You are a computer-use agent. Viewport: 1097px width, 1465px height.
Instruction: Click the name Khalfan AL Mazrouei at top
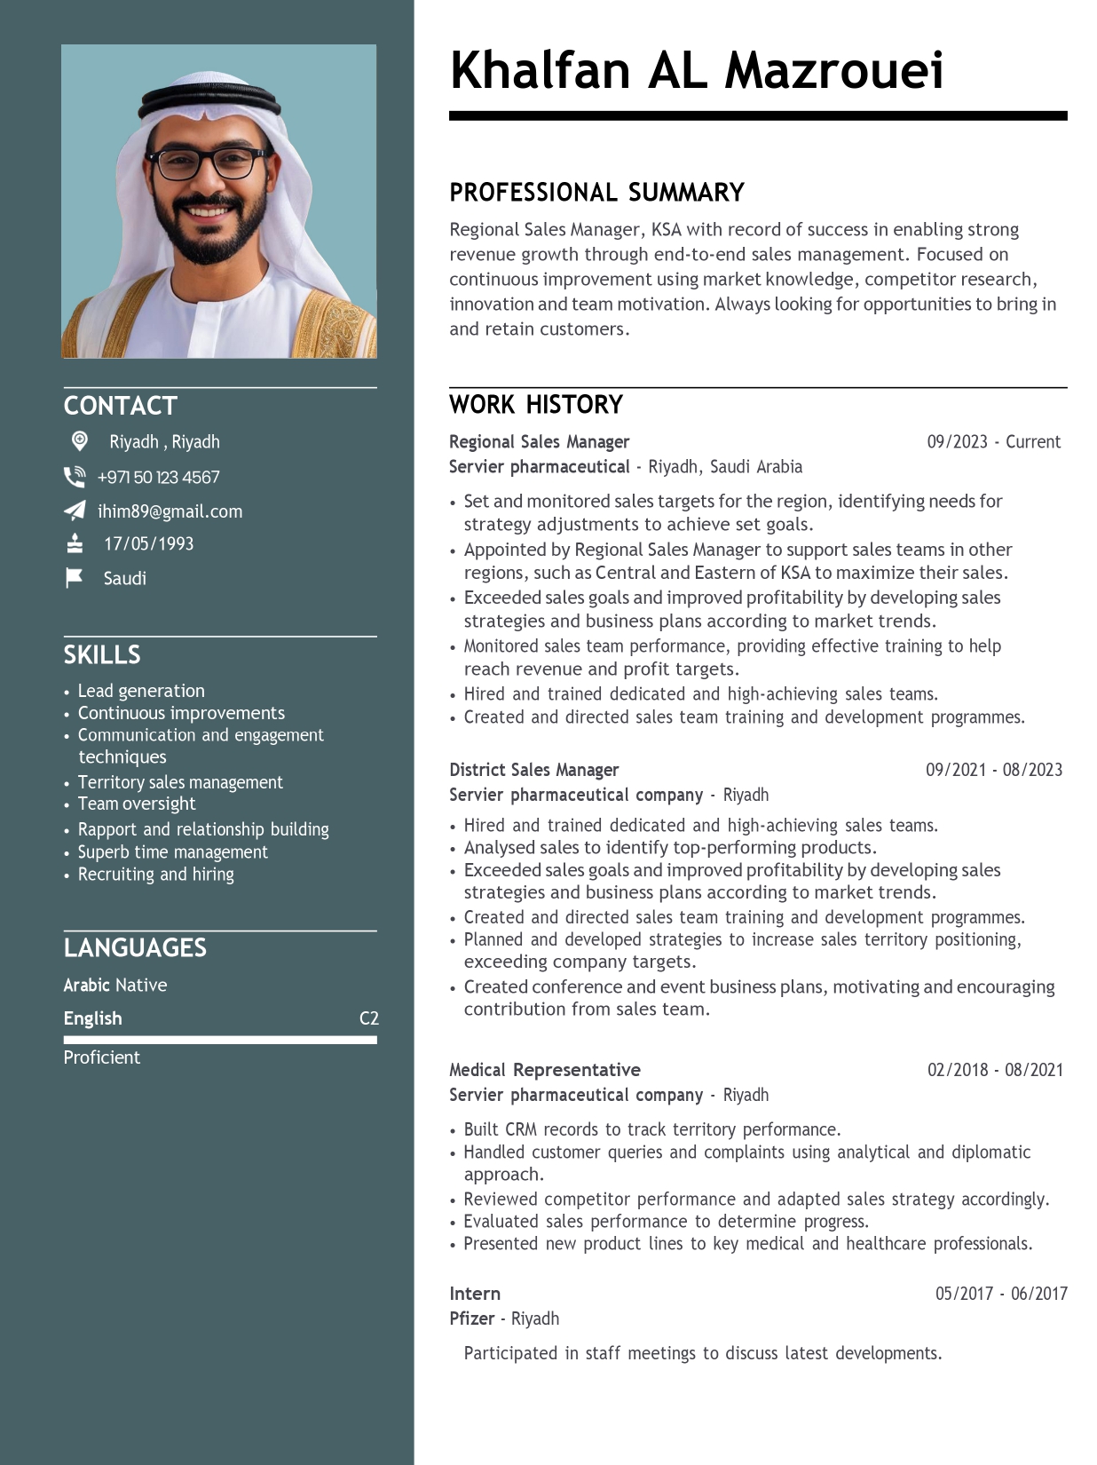[696, 71]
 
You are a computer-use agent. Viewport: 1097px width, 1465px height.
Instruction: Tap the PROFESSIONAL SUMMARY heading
[596, 193]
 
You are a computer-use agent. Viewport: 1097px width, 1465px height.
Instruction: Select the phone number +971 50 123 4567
[158, 478]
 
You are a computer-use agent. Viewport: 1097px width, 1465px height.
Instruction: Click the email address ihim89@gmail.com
[170, 511]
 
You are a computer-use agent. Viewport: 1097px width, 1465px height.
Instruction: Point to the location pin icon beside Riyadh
[80, 441]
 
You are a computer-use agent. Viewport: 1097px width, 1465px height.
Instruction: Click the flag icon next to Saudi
[75, 578]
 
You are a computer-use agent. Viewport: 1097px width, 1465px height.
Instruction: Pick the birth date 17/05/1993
[148, 544]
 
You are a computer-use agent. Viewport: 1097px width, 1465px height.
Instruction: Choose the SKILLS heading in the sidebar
[102, 655]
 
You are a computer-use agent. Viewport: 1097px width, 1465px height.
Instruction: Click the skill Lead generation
[141, 691]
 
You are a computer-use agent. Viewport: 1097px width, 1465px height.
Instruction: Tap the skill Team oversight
[137, 804]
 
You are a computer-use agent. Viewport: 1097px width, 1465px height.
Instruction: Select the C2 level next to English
[368, 1018]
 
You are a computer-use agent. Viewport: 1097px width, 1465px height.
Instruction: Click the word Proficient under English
[102, 1057]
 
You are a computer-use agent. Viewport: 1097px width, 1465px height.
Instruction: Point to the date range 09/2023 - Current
[993, 442]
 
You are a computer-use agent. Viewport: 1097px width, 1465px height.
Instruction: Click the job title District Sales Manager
[533, 770]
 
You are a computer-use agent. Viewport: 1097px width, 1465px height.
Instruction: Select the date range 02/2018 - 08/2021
[994, 1070]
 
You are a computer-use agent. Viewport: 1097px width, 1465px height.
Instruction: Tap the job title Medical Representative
[544, 1070]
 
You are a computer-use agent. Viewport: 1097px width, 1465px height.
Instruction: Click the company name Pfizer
[471, 1318]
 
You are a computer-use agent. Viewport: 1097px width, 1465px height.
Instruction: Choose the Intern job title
[475, 1294]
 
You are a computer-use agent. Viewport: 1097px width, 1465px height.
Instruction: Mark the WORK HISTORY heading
[536, 405]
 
